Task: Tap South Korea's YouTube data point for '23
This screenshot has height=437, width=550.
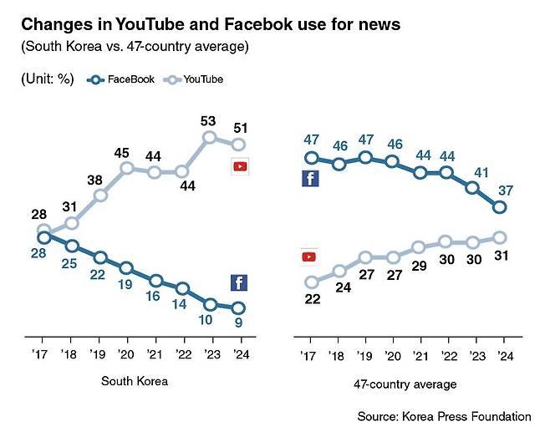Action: (210, 137)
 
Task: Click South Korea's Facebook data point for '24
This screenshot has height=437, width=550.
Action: (238, 308)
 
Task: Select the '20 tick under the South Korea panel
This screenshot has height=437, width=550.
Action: (126, 355)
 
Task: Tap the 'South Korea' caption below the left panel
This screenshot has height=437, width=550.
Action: (135, 382)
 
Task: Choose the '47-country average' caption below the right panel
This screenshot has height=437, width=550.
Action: (405, 384)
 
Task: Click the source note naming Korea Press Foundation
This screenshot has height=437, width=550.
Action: (444, 415)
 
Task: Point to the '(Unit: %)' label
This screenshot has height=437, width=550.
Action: (48, 79)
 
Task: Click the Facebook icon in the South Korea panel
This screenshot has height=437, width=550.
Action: (238, 282)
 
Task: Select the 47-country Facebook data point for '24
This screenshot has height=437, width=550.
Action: (501, 207)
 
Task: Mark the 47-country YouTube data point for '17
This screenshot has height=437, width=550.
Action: (312, 282)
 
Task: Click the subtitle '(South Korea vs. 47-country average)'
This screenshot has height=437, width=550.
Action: (134, 47)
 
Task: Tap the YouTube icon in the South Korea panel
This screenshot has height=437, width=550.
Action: (240, 166)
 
